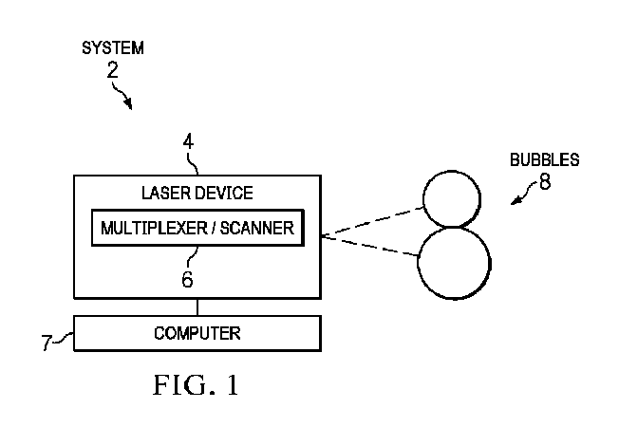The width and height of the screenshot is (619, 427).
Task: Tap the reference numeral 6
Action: coord(189,280)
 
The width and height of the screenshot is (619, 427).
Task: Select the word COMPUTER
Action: coord(197,333)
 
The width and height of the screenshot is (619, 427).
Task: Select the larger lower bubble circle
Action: coord(454,261)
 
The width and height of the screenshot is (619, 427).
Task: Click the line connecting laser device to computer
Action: coord(197,306)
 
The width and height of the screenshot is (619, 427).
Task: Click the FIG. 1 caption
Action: coord(197,386)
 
